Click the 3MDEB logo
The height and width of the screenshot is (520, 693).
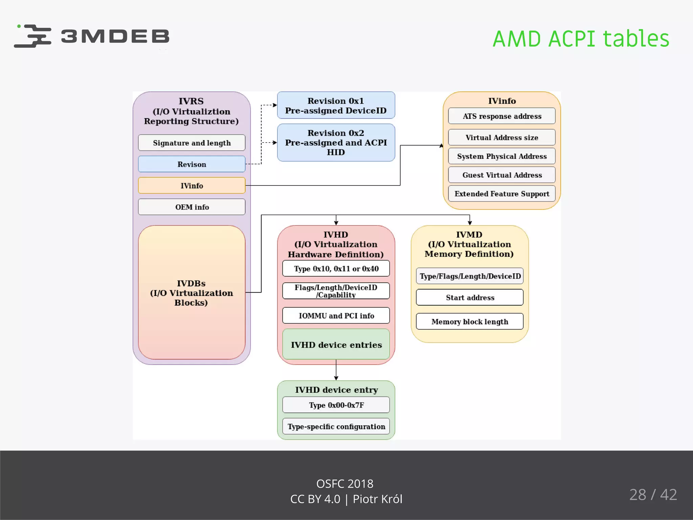point(91,36)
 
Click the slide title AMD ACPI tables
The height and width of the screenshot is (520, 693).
point(581,39)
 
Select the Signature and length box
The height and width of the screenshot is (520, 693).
point(192,143)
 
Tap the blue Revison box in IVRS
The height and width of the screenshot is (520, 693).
point(192,164)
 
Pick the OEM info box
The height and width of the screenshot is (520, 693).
point(192,207)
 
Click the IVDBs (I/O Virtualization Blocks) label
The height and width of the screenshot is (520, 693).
point(192,293)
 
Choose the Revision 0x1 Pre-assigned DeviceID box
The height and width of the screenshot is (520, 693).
point(336,105)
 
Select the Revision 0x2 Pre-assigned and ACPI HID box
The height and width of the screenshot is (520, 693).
point(336,143)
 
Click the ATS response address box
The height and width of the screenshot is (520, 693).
point(501,116)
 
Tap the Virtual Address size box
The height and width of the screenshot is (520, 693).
point(501,137)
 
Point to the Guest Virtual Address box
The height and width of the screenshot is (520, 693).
point(501,175)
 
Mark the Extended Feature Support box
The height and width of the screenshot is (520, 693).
point(501,194)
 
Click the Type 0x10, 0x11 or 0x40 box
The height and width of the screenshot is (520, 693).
point(336,268)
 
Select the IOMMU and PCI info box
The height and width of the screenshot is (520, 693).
point(336,316)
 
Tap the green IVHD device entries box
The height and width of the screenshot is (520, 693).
point(336,345)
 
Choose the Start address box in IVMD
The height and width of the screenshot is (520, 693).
point(470,298)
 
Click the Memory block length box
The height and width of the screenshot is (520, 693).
point(470,322)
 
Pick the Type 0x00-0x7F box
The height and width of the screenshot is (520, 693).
point(336,405)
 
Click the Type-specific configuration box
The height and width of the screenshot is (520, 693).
point(336,426)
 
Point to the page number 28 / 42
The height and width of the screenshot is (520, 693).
point(653,495)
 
